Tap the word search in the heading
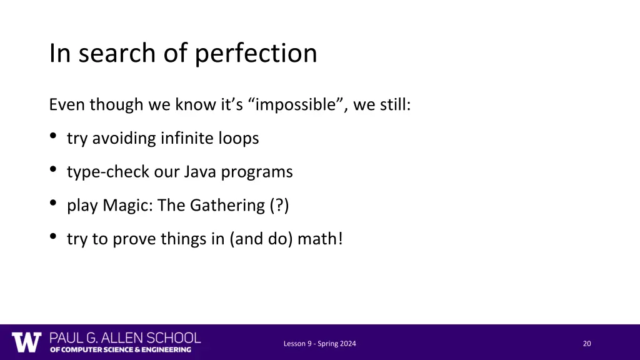tap(104, 54)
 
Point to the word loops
tap(239, 139)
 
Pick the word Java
tap(199, 172)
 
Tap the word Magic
tap(128, 206)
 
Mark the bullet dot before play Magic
tap(54, 202)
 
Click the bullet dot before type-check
tap(54, 169)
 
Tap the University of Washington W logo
tap(26, 342)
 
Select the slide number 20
tap(587, 343)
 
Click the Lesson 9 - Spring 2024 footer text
tap(320, 343)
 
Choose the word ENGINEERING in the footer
tap(165, 350)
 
